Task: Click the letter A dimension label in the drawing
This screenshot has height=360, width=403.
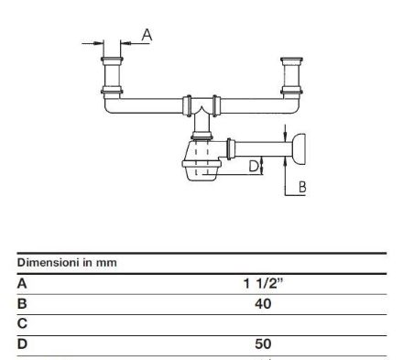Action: pos(147,35)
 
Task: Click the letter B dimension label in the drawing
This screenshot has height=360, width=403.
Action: pos(302,187)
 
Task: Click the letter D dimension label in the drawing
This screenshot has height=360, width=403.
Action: pos(254,167)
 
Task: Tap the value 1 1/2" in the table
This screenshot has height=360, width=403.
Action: pos(263,284)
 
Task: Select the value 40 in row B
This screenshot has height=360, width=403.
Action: pos(263,304)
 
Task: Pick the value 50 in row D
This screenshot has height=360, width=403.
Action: pos(263,344)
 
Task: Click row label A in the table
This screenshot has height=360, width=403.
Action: pos(22,284)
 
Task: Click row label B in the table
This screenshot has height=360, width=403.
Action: pos(22,304)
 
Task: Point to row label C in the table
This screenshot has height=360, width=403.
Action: pos(22,323)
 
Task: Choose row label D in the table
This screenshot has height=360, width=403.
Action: pos(22,344)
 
